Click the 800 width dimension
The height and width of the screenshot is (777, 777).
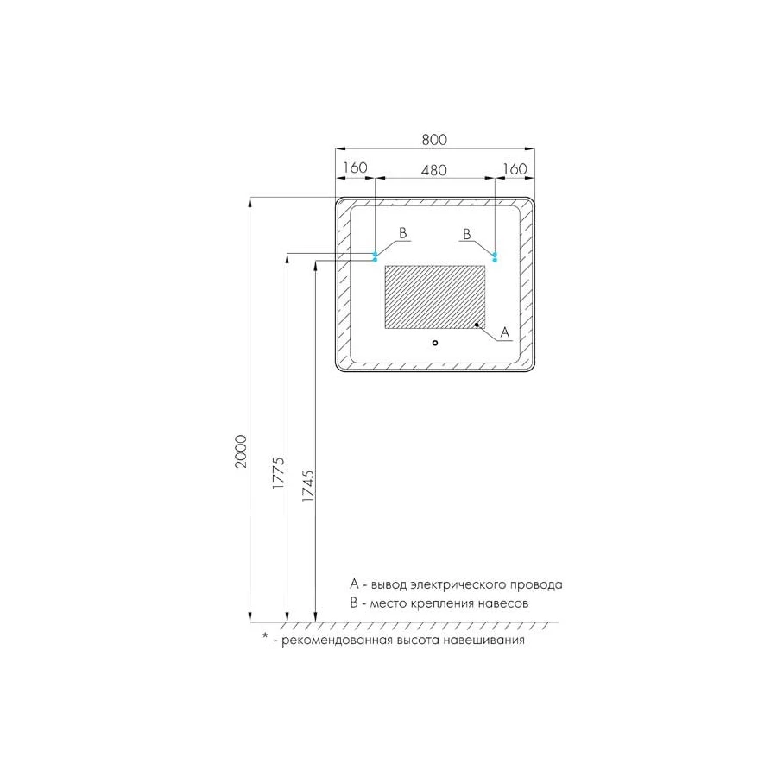point(434,140)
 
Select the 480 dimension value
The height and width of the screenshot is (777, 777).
point(434,170)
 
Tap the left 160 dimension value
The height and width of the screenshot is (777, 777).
point(356,167)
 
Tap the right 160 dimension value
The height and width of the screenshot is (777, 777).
point(515,168)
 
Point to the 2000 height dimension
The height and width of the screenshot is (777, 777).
point(241,452)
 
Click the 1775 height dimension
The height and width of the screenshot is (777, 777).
point(279,473)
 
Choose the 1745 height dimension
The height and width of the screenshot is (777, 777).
point(308,486)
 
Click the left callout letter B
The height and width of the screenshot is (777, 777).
point(403,232)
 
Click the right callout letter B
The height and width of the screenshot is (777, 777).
point(467,234)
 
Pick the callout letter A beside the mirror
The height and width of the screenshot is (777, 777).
point(505,332)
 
